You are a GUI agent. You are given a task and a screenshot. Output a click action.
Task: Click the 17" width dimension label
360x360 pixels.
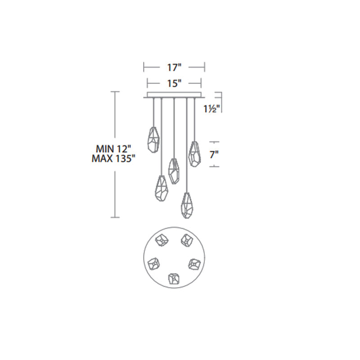174,67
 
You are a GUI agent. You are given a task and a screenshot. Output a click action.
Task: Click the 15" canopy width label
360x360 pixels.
174,83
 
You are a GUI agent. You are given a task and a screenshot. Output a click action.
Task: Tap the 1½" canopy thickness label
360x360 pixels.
212,108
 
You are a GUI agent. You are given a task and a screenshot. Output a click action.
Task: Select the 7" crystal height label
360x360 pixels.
214,155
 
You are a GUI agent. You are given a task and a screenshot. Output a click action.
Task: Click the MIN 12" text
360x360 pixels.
113,149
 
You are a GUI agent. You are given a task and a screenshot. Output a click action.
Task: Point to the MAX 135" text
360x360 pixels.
113,158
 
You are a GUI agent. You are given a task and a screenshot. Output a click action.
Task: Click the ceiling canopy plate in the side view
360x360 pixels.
174,95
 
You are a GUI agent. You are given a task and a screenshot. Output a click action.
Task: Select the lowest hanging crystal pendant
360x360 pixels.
187,205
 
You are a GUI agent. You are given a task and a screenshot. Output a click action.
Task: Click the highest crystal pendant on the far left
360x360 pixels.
153,139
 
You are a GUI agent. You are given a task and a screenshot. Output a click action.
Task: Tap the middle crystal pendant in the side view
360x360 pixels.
174,171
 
